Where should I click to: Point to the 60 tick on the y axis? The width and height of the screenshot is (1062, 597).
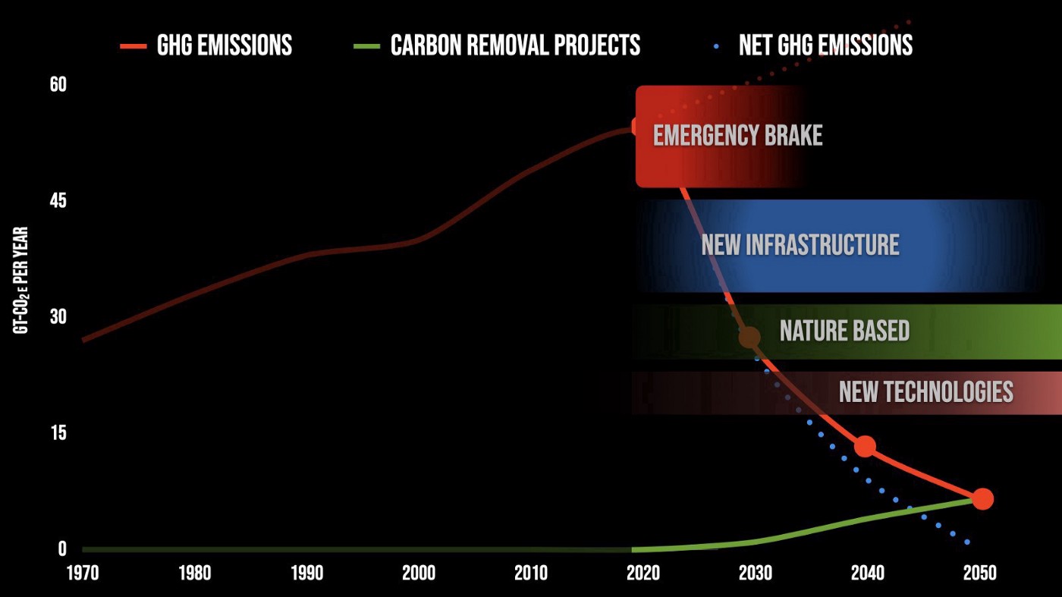pyautogui.click(x=58, y=84)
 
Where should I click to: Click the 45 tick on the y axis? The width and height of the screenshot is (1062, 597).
pyautogui.click(x=58, y=201)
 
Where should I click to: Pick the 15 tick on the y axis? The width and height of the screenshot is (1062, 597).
pyautogui.click(x=58, y=432)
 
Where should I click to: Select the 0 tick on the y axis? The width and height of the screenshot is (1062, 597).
pyautogui.click(x=62, y=548)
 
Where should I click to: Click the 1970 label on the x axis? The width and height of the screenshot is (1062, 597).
pyautogui.click(x=83, y=573)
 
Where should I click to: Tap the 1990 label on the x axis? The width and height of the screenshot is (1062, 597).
pyautogui.click(x=307, y=573)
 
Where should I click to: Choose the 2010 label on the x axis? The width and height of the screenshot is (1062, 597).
pyautogui.click(x=531, y=573)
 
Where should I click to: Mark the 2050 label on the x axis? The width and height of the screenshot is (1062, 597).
pyautogui.click(x=980, y=573)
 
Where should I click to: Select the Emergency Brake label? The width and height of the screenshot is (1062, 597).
pyautogui.click(x=737, y=136)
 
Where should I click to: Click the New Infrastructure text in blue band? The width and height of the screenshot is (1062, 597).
pyautogui.click(x=800, y=245)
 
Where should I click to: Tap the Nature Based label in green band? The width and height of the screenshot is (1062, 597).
pyautogui.click(x=844, y=331)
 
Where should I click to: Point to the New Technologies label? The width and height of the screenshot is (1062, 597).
pyautogui.click(x=925, y=391)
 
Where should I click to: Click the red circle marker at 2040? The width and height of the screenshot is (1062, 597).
pyautogui.click(x=865, y=446)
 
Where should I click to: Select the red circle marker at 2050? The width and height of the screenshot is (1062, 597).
pyautogui.click(x=982, y=498)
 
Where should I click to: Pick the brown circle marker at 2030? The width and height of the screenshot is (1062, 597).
pyautogui.click(x=749, y=337)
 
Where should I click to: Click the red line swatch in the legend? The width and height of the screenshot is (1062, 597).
pyautogui.click(x=132, y=46)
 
